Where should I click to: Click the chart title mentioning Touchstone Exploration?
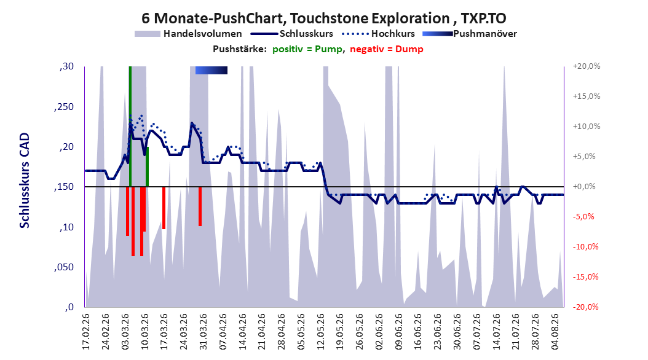(323, 18)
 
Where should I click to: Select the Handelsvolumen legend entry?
(188, 34)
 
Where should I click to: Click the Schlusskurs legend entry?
(292, 34)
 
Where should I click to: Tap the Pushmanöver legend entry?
(470, 34)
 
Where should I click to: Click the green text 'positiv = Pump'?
(307, 49)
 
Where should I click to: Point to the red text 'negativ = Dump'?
(387, 49)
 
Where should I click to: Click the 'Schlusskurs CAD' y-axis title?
(25, 181)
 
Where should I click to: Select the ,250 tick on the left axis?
(64, 106)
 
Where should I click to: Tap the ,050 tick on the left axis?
(64, 267)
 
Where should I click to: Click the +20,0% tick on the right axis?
(587, 66)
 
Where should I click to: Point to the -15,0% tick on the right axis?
(585, 276)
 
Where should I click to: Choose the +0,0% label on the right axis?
(584, 187)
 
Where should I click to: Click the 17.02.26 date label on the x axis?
(86, 332)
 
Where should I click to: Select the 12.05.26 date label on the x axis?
(321, 332)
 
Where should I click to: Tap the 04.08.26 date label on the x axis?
(555, 332)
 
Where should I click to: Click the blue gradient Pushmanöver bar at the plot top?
(211, 70)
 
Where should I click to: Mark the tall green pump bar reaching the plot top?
(130, 127)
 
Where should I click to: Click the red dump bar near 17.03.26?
(164, 208)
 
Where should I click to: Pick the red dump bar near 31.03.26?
(200, 206)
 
